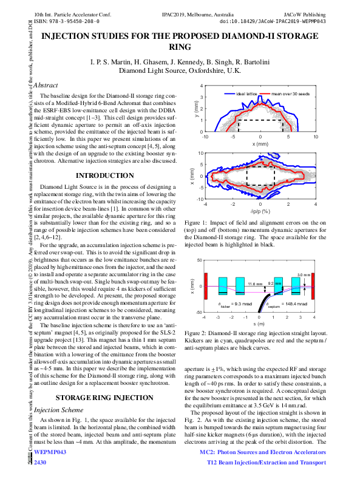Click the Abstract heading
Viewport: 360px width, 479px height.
click(46, 86)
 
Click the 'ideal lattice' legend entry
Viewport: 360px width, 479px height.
click(247, 94)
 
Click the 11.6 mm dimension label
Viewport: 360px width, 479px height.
click(255, 284)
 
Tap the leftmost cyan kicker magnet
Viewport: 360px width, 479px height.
click(222, 285)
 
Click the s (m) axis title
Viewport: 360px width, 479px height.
click(260, 325)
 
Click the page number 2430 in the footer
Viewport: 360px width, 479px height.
click(41, 463)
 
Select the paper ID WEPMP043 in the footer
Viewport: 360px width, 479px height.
click(50, 453)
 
